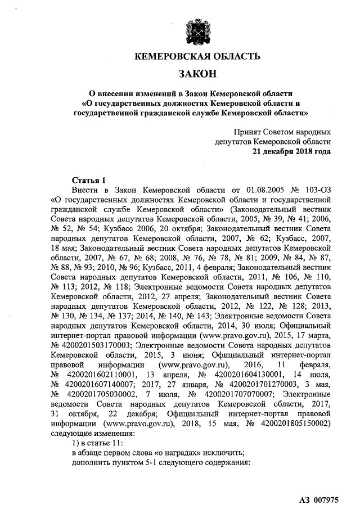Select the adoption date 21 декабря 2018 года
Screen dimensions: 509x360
point(291,152)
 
